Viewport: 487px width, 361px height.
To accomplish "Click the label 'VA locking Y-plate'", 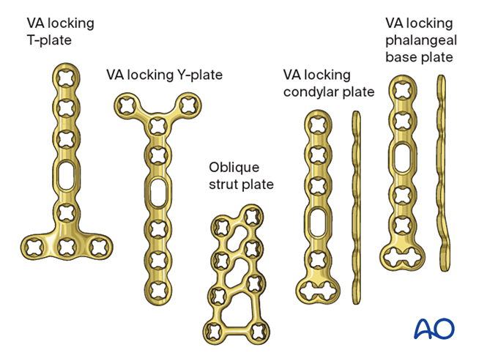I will tap(164, 75).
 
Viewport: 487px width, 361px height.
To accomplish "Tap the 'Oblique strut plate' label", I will tap(241, 175).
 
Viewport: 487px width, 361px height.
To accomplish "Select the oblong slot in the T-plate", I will tap(66, 176).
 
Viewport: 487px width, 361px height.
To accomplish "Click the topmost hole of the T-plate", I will tap(65, 78).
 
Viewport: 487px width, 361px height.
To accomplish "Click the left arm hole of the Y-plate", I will tap(124, 106).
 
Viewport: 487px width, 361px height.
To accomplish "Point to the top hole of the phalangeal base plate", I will tap(401, 90).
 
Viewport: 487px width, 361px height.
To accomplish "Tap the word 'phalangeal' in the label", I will tap(420, 41).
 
